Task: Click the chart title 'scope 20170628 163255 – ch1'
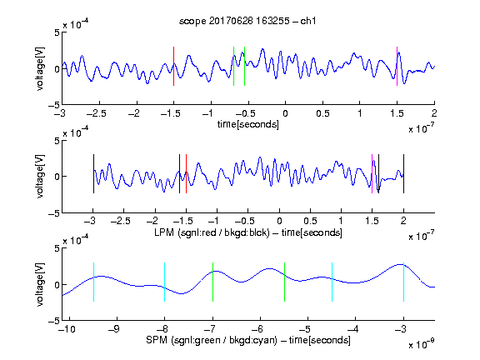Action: pos(247,21)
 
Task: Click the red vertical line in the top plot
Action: pos(173,66)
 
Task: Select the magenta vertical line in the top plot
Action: pos(397,66)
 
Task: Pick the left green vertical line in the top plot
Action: pos(233,66)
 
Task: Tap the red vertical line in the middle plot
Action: pos(186,174)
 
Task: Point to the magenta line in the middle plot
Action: pos(372,174)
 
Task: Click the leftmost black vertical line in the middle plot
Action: pos(93,174)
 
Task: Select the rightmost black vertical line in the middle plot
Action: pos(403,174)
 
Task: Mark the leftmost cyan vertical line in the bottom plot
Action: pos(93,282)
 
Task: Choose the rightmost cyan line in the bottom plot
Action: pos(403,282)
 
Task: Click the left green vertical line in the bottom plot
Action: pos(212,282)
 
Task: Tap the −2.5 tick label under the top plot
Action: pos(96,113)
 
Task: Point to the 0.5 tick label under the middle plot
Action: pos(310,221)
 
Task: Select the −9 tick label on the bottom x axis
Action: pos(114,329)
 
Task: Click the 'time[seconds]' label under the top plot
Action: pos(248,124)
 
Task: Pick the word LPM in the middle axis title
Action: pos(164,232)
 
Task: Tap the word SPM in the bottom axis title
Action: pos(157,340)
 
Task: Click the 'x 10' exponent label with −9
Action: pos(421,344)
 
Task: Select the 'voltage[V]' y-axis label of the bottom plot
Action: pos(40,284)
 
